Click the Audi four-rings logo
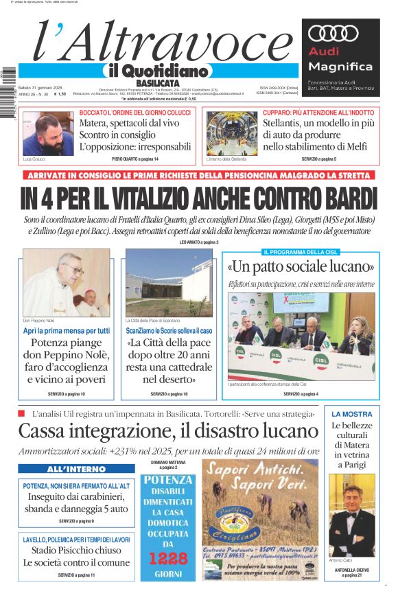333,34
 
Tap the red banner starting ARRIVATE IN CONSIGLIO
198,175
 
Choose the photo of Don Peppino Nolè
66,282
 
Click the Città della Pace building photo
169,282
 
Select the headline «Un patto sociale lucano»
301,266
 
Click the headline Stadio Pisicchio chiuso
76,550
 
